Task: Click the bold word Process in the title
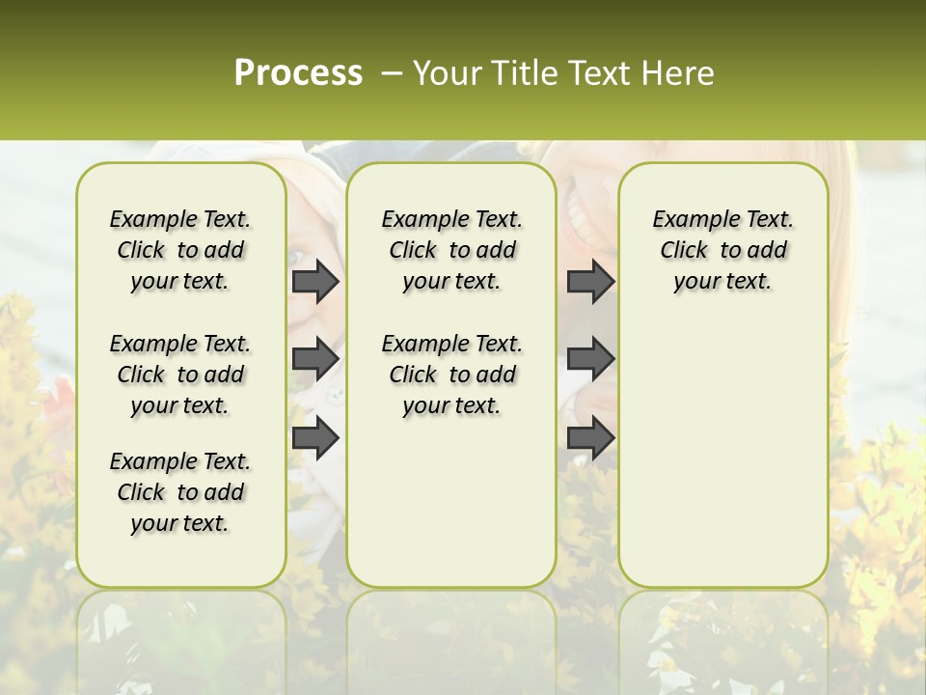298,73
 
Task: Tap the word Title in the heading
519,73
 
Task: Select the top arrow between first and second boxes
315,281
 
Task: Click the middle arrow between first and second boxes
315,359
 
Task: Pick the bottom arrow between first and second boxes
315,438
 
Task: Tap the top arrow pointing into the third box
590,281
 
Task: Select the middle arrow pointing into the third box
590,359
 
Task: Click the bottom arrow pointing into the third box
590,438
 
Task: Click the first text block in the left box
180,250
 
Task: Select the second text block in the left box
180,375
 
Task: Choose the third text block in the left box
180,492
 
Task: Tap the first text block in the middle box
451,250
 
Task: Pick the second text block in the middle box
451,375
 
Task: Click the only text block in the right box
722,250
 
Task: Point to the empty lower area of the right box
722,444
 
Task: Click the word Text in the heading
596,73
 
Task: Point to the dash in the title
392,73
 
